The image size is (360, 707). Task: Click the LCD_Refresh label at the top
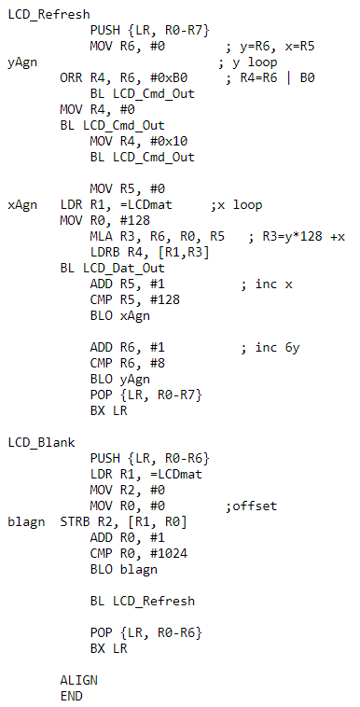tap(48, 14)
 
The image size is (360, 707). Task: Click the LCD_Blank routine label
tap(41, 441)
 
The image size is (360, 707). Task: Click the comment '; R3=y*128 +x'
tap(297, 236)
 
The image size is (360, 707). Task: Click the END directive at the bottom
tap(71, 695)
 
